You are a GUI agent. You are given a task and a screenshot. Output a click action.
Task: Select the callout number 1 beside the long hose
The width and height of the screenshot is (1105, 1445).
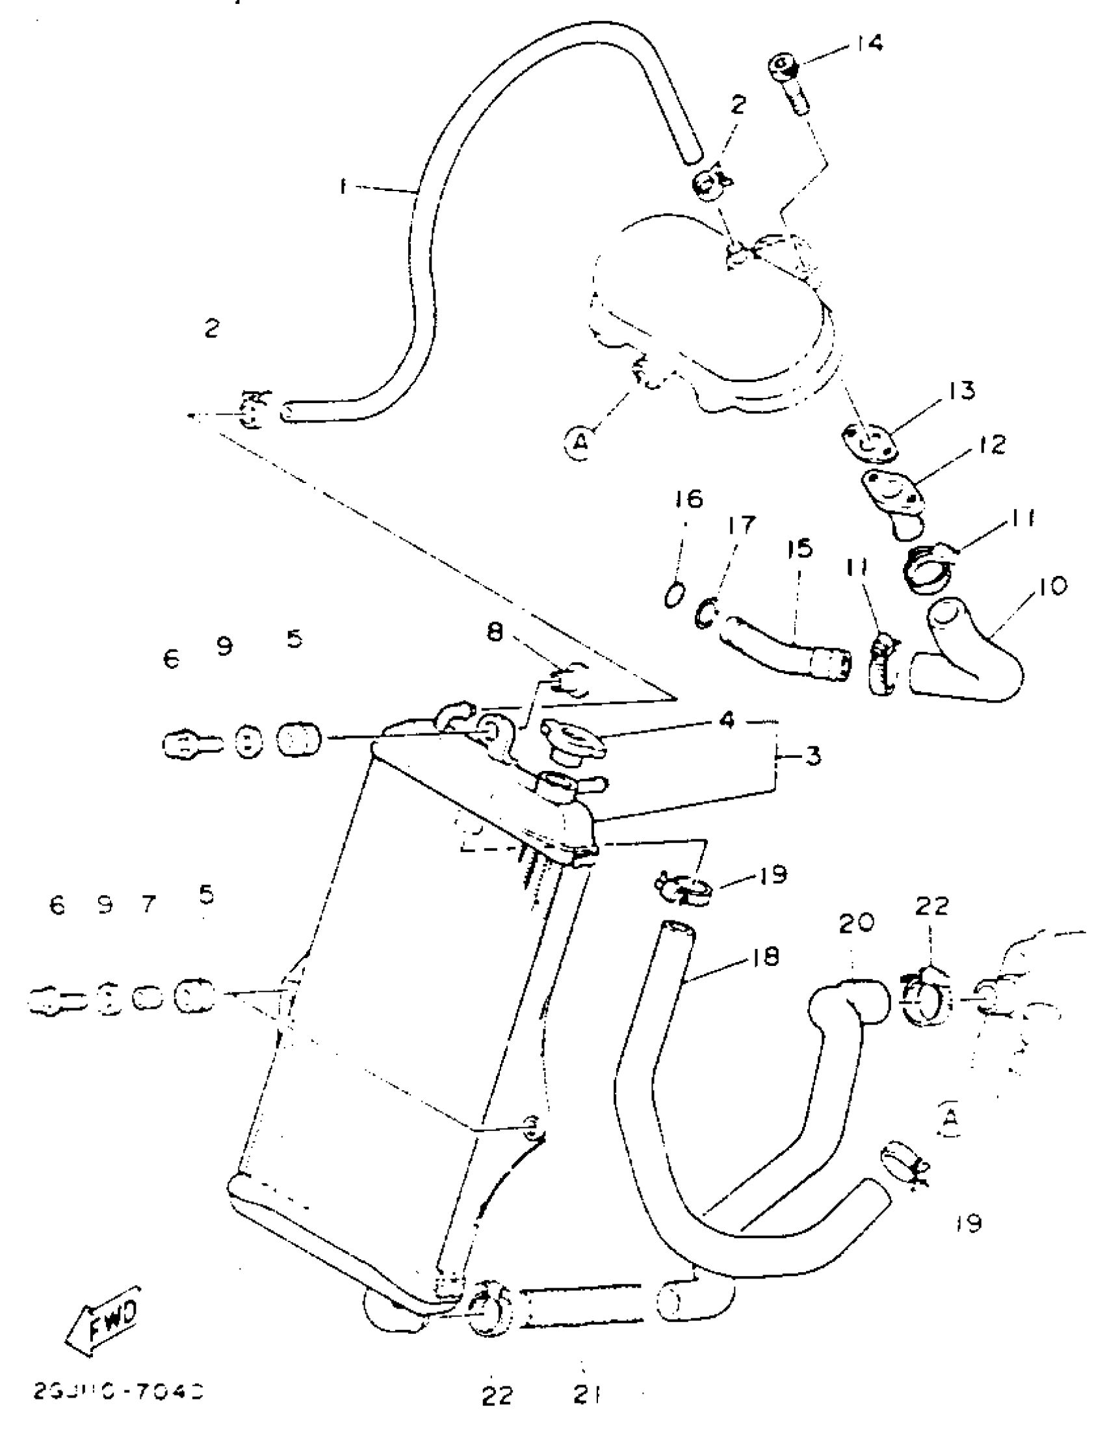coord(343,187)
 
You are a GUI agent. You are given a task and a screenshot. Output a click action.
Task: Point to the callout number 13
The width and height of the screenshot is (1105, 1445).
coord(961,391)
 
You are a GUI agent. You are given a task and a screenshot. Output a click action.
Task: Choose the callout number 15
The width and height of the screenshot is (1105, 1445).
coord(799,549)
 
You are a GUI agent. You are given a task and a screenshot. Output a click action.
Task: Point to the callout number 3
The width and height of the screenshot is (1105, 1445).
coord(813,757)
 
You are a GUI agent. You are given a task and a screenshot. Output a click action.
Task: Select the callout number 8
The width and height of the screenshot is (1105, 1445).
coord(495,632)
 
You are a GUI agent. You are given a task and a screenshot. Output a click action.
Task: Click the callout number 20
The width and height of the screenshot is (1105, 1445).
coord(857,922)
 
